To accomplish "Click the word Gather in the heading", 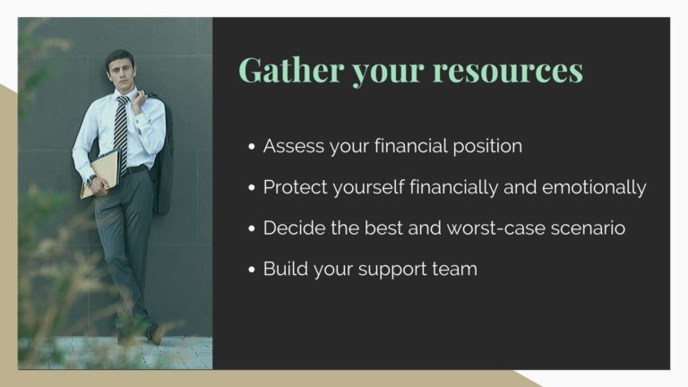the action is (x=291, y=70).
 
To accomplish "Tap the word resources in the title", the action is (x=508, y=71).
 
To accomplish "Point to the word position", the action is (x=487, y=147).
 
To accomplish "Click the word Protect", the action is (x=296, y=187).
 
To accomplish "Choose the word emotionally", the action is (x=594, y=188).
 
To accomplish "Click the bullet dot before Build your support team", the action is (x=252, y=270).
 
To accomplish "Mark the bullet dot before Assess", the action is (x=252, y=147).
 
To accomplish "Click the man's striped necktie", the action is (x=121, y=132).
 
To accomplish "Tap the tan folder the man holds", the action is (x=101, y=173).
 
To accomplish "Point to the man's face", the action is (x=121, y=72).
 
